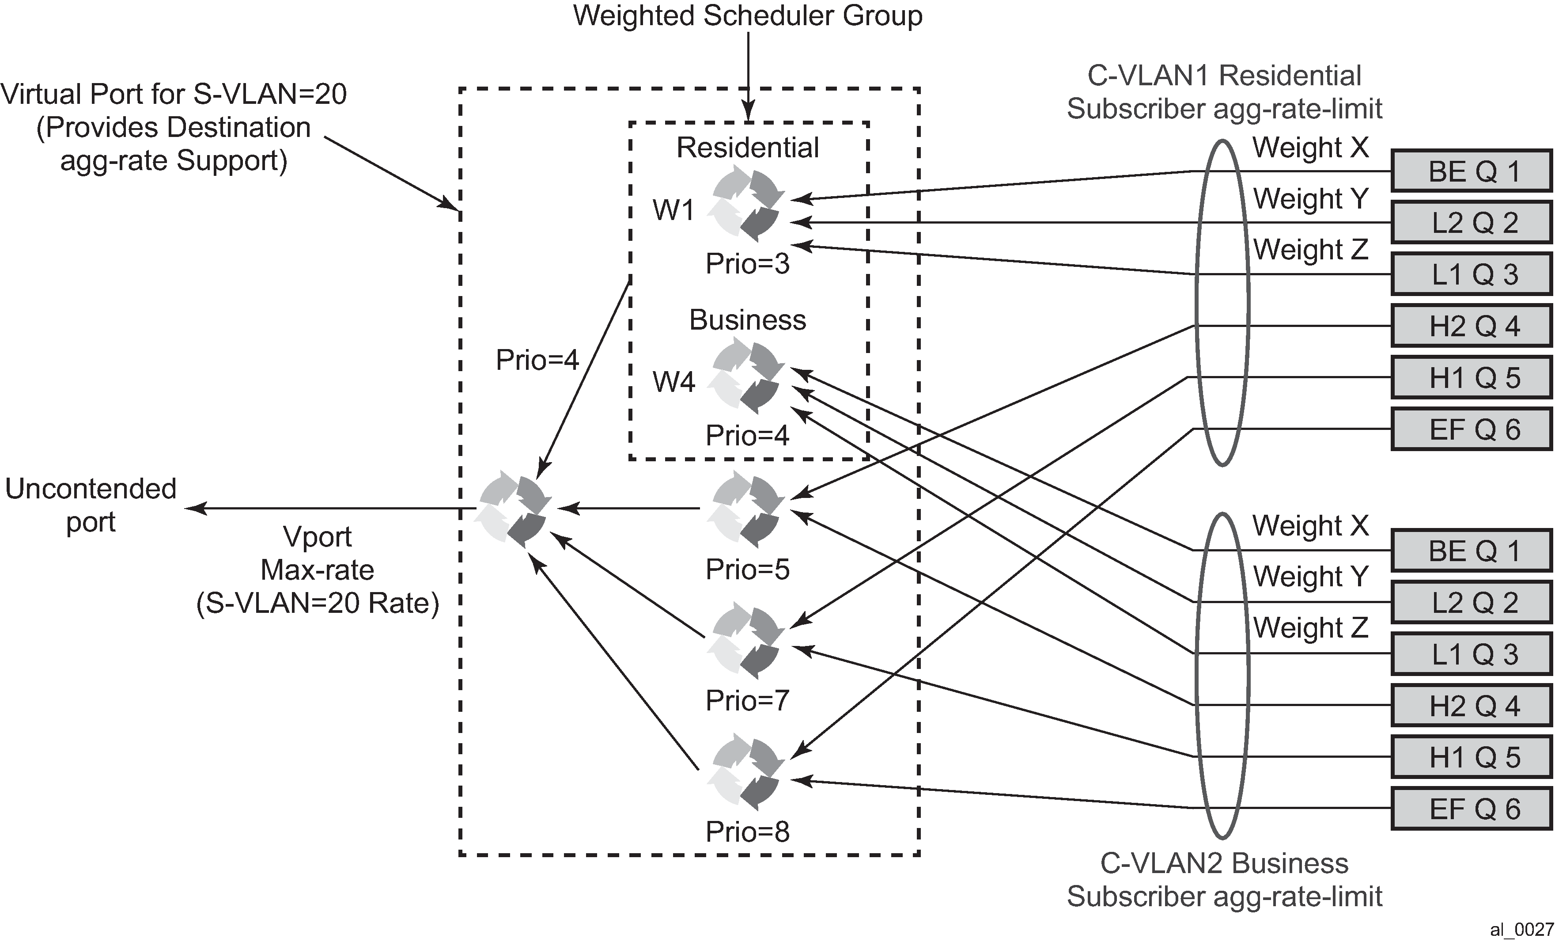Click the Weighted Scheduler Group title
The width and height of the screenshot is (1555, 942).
click(x=747, y=16)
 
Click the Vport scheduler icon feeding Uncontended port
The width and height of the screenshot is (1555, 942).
click(x=511, y=509)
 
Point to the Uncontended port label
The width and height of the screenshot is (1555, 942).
click(x=91, y=505)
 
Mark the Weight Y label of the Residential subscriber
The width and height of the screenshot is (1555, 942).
click(x=1310, y=199)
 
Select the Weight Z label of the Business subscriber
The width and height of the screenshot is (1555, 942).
click(x=1310, y=627)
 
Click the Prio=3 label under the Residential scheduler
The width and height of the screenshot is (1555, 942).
click(x=747, y=263)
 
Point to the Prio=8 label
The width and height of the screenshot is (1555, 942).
click(x=747, y=832)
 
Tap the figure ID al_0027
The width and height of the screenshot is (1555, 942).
click(x=1521, y=929)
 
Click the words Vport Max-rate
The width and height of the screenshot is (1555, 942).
click(x=318, y=554)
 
